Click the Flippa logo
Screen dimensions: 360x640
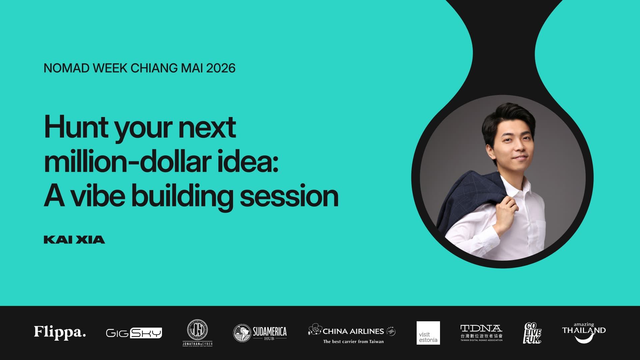[60, 332]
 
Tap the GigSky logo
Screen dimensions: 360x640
[134, 333]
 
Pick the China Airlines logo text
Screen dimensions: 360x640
[353, 331]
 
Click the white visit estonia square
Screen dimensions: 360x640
[428, 333]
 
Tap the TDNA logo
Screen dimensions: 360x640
[481, 333]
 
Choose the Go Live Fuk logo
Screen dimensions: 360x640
[532, 333]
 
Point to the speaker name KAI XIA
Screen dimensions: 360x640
[74, 240]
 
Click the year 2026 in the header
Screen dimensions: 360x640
[221, 68]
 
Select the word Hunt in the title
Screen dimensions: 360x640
[76, 128]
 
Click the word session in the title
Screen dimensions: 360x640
[289, 196]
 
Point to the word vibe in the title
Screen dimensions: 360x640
[98, 196]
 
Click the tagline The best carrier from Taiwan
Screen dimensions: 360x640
[353, 342]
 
